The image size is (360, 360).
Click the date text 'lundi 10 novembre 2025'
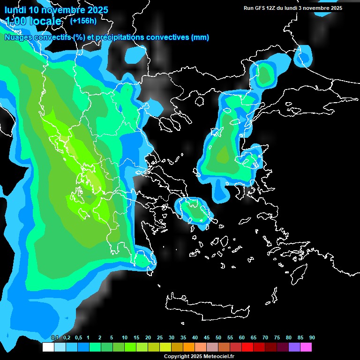coord(56,10)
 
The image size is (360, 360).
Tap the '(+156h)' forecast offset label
coord(83,21)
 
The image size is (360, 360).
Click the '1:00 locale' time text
coord(33,21)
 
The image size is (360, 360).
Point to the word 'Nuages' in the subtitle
coord(19,37)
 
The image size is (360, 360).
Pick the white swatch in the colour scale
coord(48,347)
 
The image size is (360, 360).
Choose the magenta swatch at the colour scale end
coord(306,347)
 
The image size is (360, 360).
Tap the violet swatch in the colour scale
coord(294,347)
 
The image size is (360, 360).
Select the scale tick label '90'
coord(312,337)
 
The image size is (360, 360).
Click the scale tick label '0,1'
coord(55,337)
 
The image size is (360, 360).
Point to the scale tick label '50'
coord(218,337)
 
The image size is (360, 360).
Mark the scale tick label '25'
coord(160,337)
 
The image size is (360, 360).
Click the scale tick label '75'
coord(277,337)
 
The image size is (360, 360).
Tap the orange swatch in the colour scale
coord(189,347)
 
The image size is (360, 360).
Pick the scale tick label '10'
coord(125,337)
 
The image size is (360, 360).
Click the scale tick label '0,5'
coord(78,337)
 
